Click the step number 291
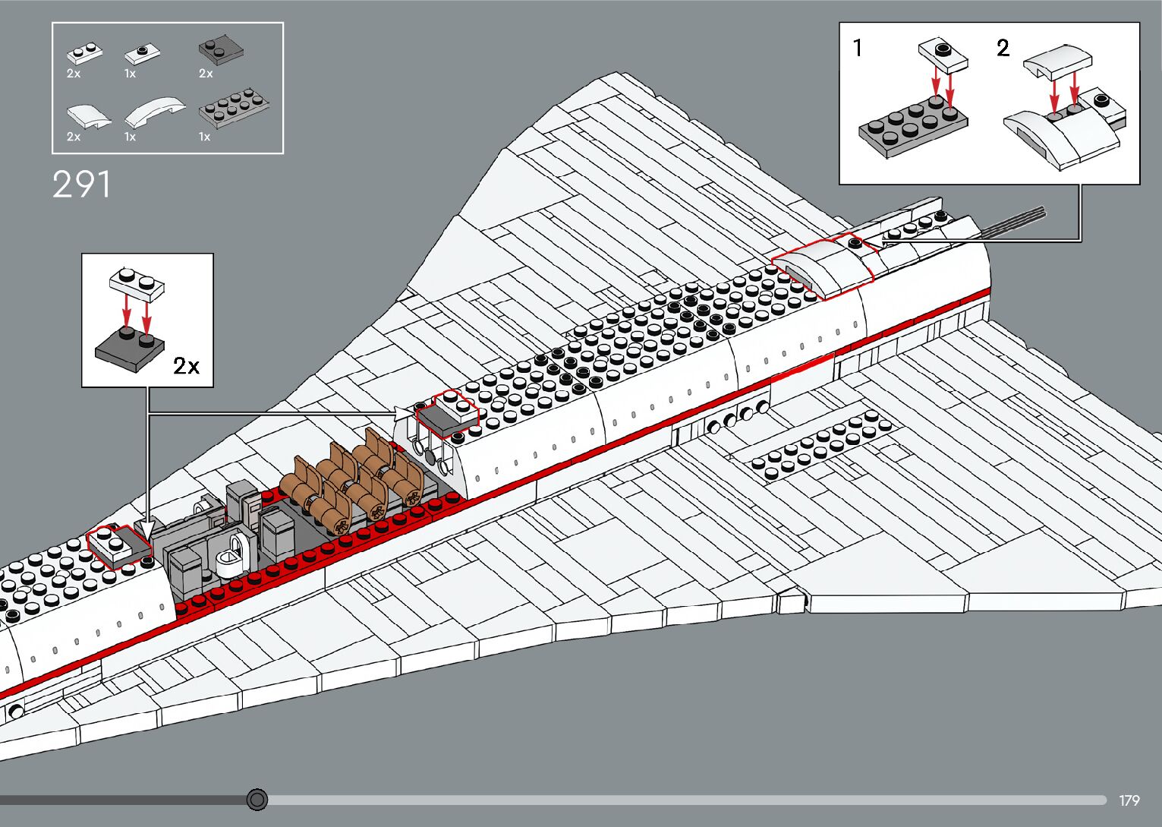(81, 185)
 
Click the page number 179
(1129, 800)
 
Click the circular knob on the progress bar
(257, 800)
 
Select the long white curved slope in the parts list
(154, 111)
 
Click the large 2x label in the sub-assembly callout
(186, 366)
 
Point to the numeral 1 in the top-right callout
(858, 49)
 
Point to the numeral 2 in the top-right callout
(1003, 49)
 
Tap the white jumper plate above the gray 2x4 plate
(943, 55)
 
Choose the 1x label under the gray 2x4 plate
(204, 137)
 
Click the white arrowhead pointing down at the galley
(147, 526)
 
